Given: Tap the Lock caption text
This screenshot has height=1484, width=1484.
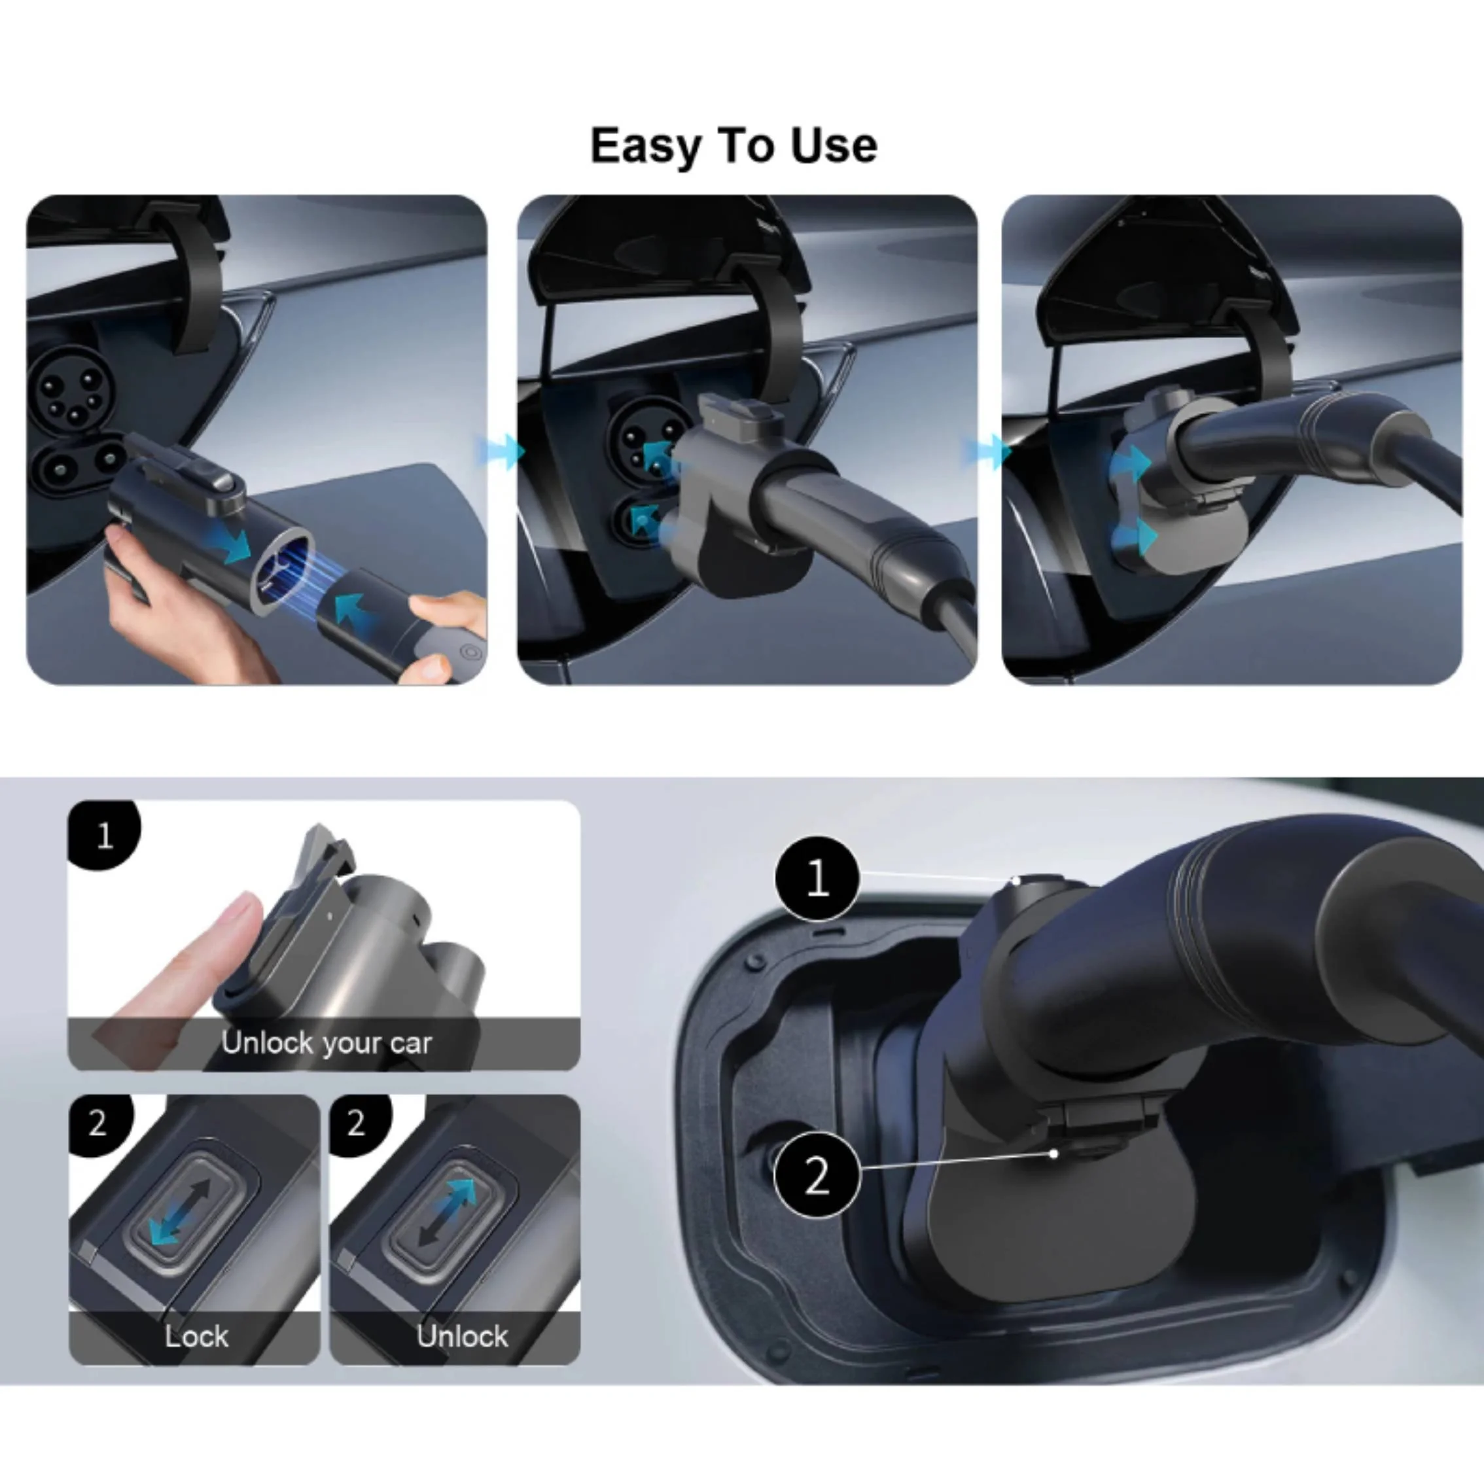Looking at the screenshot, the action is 197,1337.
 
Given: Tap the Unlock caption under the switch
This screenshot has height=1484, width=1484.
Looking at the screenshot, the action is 463,1337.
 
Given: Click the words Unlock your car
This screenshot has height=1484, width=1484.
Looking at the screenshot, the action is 327,1043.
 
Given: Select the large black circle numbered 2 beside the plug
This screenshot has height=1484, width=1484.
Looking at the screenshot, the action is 817,1175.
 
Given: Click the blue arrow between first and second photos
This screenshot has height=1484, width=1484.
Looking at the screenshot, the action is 499,451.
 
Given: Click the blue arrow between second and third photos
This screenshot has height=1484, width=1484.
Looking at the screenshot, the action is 986,451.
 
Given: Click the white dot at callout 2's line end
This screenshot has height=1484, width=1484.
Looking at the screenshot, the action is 1054,1154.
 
